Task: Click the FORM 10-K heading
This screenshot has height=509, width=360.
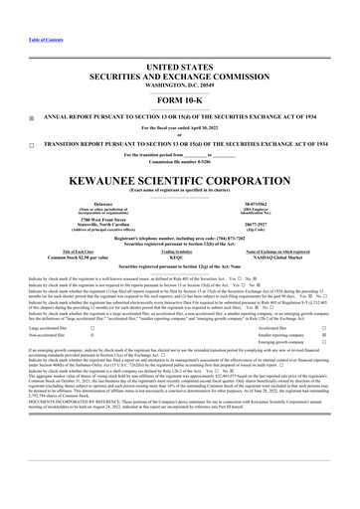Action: pyautogui.click(x=180, y=100)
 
